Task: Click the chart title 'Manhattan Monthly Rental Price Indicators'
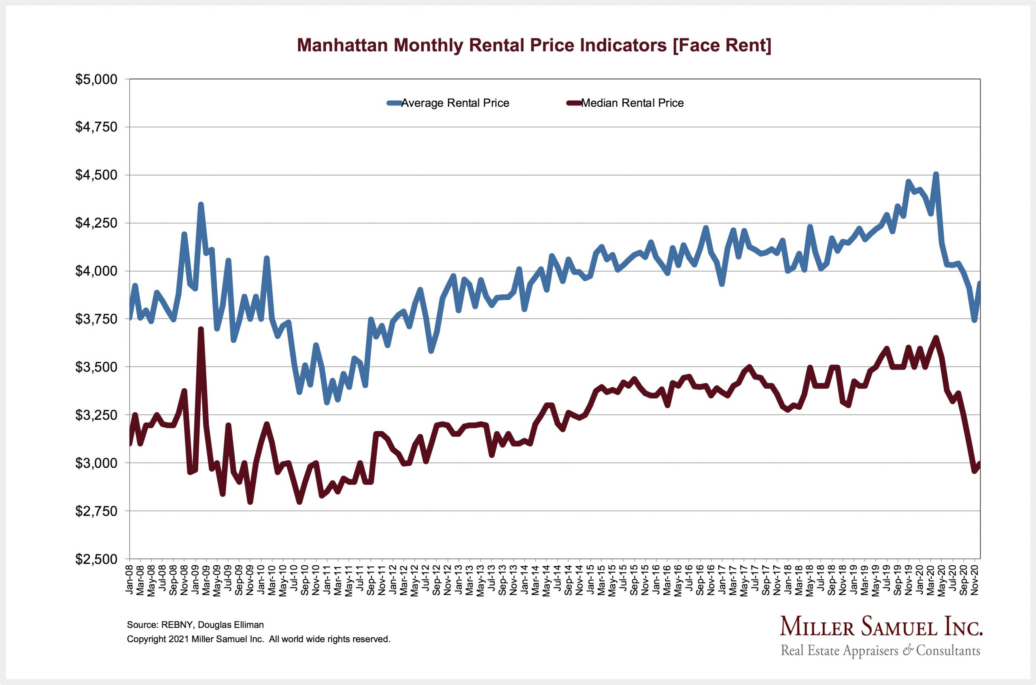534,45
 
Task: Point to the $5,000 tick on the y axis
97,80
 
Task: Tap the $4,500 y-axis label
97,175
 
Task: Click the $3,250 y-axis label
97,415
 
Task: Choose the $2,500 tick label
97,559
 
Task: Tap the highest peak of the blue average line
936,174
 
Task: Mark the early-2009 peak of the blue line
201,204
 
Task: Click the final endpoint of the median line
980,463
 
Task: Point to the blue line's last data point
980,283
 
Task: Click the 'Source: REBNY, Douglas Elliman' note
195,625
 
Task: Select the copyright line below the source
258,639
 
